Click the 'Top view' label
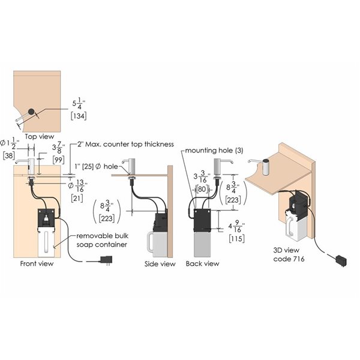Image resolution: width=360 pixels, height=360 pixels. click(x=39, y=136)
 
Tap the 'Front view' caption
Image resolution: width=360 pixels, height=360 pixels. click(x=37, y=263)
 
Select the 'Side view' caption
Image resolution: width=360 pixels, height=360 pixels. click(x=160, y=264)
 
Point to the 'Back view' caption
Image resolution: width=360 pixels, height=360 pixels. click(x=202, y=263)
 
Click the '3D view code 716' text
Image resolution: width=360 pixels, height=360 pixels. click(x=289, y=254)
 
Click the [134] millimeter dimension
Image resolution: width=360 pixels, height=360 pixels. click(x=79, y=116)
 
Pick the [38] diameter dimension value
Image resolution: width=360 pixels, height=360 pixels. click(x=9, y=155)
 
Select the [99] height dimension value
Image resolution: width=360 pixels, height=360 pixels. click(x=58, y=160)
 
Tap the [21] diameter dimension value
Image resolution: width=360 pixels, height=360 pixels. click(x=77, y=198)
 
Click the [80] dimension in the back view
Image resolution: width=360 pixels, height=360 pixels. click(x=202, y=189)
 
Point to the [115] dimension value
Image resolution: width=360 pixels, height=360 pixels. click(x=236, y=238)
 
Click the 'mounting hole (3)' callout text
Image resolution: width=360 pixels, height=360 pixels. click(x=214, y=151)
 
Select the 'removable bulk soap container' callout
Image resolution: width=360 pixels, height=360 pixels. click(x=102, y=240)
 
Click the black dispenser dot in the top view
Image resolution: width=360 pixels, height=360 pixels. click(x=31, y=112)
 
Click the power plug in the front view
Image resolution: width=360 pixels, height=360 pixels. click(x=106, y=260)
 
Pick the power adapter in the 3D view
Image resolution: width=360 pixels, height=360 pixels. click(x=341, y=260)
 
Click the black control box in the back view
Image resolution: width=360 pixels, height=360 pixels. click(x=202, y=220)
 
